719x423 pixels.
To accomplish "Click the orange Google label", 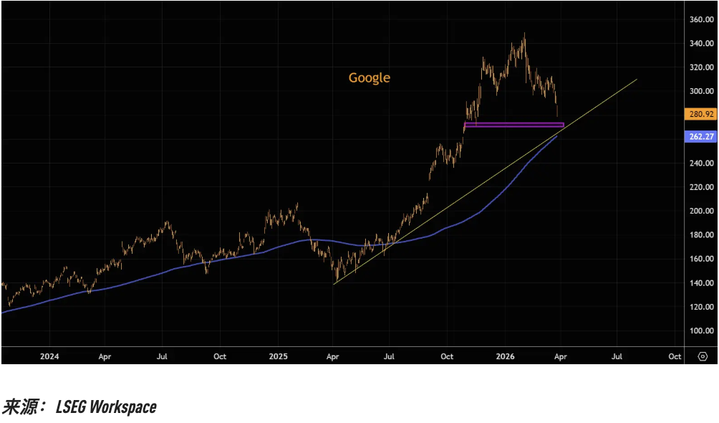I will tap(370, 77).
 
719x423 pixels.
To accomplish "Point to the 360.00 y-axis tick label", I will tap(702, 19).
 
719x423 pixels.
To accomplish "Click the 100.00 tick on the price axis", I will tap(702, 331).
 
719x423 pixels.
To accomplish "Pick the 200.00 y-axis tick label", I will tap(702, 211).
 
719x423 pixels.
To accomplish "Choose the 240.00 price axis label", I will tap(702, 163).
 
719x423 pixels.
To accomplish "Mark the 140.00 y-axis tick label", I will tap(702, 282).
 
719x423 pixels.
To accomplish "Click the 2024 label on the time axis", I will tap(49, 356).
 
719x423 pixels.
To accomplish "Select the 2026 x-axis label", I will tap(505, 356).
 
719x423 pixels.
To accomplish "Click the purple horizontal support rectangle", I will tap(513, 125).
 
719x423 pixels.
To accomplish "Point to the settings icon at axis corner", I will tap(703, 356).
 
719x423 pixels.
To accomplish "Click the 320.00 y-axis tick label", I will tap(702, 67).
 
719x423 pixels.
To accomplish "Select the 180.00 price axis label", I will tap(702, 234).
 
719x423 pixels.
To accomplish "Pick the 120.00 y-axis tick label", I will tap(702, 306).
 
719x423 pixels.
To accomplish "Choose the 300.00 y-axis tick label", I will tap(702, 91).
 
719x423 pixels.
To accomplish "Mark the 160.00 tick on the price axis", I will tap(702, 259).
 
